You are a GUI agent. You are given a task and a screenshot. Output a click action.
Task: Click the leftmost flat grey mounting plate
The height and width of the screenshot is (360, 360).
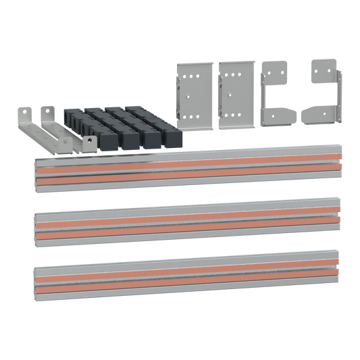(x=196, y=95)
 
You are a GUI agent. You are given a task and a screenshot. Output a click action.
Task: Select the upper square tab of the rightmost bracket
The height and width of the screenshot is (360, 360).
(x=316, y=68)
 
